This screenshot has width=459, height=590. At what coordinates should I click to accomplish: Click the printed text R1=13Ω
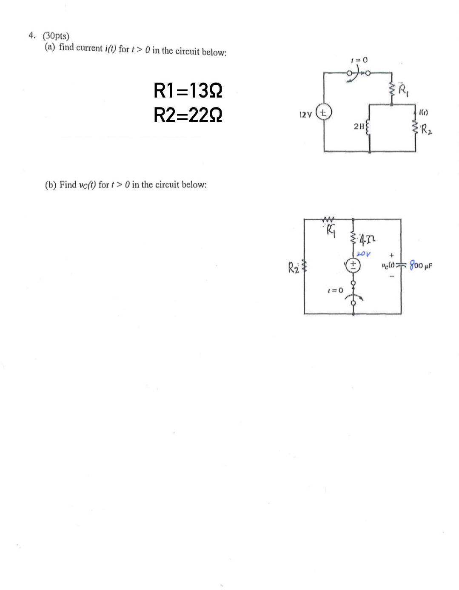188,91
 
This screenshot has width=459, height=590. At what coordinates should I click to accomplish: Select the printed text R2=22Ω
188,115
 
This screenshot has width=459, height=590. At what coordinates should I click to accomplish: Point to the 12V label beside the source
305,115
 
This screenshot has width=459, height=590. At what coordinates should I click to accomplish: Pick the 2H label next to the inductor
358,126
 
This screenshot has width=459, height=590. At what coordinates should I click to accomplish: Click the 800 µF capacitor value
421,266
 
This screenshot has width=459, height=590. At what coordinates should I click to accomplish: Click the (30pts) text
56,36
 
